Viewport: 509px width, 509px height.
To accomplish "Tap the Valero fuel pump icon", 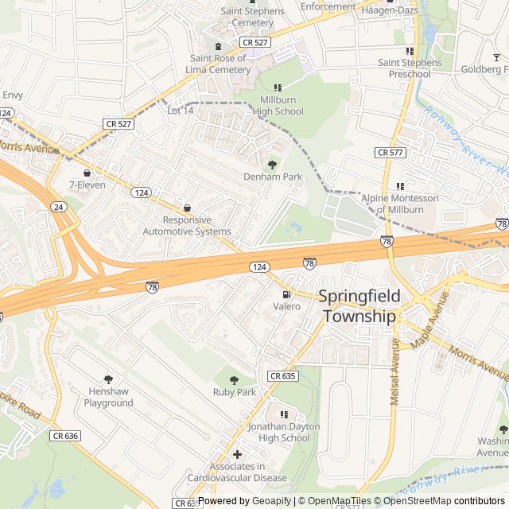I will (286, 294).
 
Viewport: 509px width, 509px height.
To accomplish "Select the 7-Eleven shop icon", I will (87, 173).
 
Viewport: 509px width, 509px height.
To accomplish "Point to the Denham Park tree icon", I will (273, 165).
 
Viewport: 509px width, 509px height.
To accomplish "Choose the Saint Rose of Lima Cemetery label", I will (220, 64).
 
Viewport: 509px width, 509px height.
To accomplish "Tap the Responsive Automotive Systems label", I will (187, 226).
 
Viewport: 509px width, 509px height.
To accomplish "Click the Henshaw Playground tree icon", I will (109, 379).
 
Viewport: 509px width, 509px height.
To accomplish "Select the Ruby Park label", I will (235, 392).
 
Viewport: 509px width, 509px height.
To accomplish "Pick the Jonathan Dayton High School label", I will (284, 432).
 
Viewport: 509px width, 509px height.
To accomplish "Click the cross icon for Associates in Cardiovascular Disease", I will (237, 454).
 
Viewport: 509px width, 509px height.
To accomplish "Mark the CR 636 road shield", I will (65, 436).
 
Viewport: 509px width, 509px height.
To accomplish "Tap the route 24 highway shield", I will (58, 207).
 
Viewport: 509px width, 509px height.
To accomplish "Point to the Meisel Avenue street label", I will (394, 371).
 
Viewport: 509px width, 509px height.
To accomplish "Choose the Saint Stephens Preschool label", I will (410, 68).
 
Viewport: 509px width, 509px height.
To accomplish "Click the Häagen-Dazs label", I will (389, 10).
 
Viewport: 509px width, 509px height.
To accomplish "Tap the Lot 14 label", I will (181, 111).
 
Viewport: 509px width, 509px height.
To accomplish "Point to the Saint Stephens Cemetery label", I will (252, 17).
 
